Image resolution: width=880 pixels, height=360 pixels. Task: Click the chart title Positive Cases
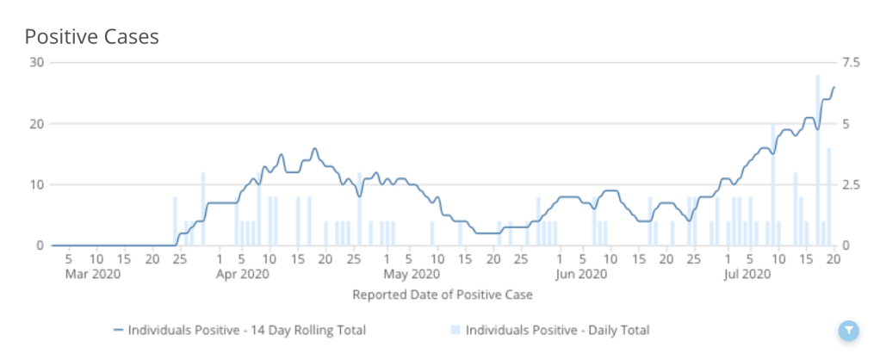[91, 37]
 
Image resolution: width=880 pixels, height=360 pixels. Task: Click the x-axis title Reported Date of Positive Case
[443, 295]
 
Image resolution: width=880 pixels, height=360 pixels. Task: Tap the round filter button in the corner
[848, 330]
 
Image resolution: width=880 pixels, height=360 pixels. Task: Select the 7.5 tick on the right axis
[851, 62]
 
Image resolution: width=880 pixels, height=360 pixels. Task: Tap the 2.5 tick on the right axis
[851, 184]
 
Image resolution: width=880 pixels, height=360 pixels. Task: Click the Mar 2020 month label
[93, 275]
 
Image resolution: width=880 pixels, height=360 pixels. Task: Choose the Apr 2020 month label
[242, 275]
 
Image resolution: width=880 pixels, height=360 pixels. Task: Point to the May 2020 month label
[409, 275]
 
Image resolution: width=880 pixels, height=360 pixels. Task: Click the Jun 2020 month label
[581, 275]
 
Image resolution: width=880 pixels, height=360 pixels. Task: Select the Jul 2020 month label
[747, 275]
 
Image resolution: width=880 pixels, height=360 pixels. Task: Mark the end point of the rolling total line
[834, 87]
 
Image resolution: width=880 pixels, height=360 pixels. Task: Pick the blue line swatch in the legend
[118, 330]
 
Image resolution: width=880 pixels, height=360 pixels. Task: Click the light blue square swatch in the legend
[455, 330]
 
